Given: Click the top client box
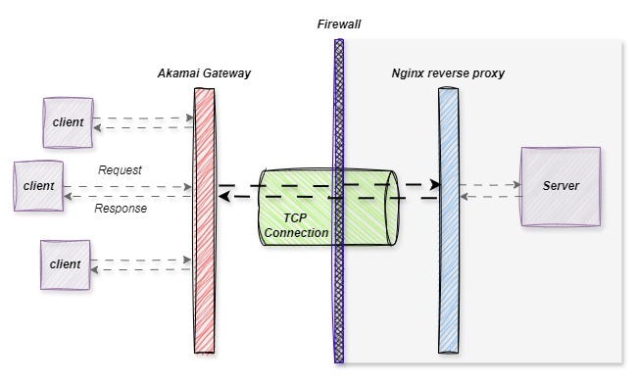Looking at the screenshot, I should (68, 122).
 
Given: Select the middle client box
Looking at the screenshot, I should (38, 186).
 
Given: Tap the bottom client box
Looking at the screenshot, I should (66, 264).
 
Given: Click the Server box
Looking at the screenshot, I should (560, 186).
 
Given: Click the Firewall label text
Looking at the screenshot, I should (339, 23).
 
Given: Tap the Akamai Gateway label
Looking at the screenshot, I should (204, 73).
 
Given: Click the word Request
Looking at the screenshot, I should (120, 169).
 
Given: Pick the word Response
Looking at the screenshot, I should (120, 208).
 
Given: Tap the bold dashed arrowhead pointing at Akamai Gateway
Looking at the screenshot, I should (223, 197).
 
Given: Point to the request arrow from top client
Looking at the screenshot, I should (147, 118).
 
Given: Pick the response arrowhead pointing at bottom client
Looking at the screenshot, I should (96, 270).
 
